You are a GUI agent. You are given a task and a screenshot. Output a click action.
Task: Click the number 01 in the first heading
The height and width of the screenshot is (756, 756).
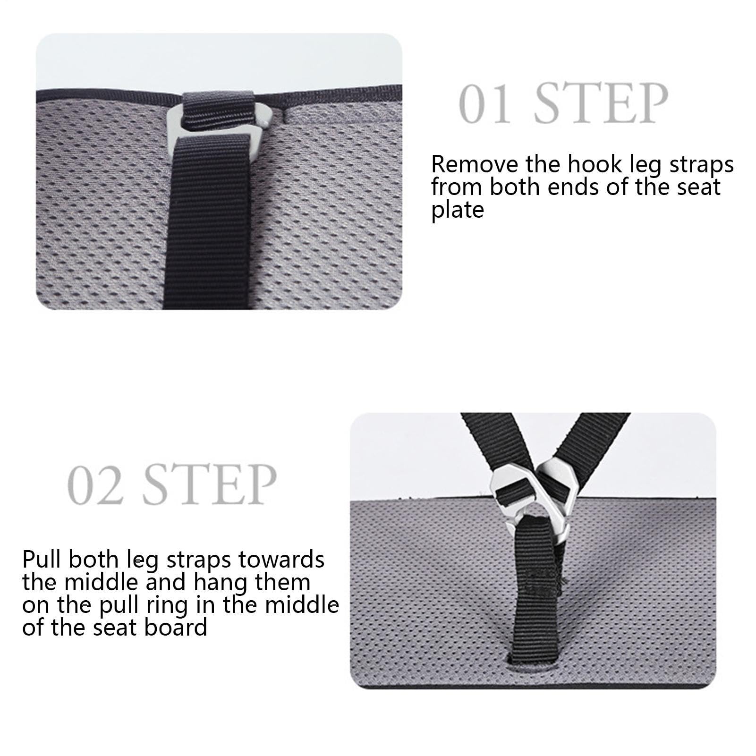[x=485, y=104]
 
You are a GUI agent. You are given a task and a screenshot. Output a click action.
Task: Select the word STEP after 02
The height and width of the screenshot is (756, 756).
[x=210, y=484]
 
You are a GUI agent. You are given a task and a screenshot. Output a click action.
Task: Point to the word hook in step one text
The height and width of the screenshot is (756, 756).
[x=592, y=164]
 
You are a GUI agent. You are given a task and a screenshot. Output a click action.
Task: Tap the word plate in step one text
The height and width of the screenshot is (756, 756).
[x=458, y=210]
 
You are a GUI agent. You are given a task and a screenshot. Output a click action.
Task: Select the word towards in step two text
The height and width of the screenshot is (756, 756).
[x=281, y=560]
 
